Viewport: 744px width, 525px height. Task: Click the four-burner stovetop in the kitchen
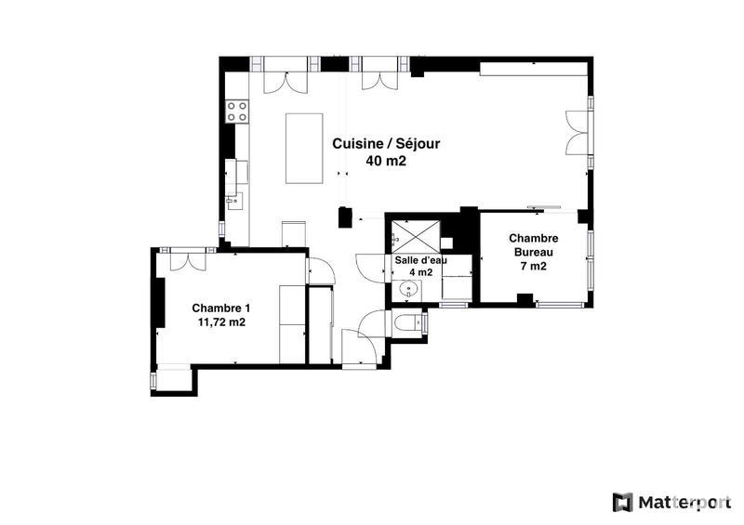(x=237, y=112)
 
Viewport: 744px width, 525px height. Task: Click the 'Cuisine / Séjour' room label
(x=380, y=144)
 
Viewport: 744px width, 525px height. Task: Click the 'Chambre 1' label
(x=221, y=308)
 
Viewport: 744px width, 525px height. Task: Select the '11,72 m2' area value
(x=221, y=322)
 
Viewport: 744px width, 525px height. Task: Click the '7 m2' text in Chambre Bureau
(x=532, y=266)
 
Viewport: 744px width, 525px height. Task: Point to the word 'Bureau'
(x=532, y=252)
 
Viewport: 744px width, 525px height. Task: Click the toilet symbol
(x=407, y=323)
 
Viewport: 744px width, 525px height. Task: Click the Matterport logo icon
(x=622, y=503)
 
